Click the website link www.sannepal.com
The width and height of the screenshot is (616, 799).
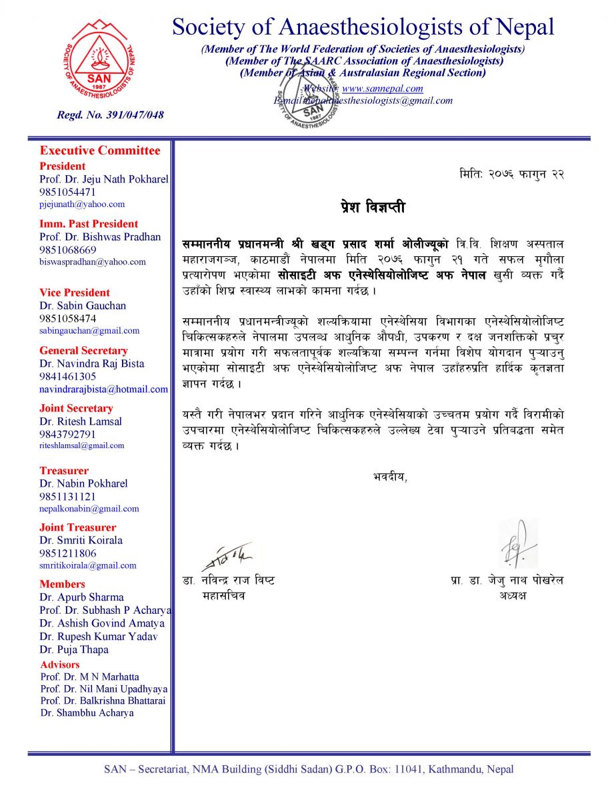point(382,89)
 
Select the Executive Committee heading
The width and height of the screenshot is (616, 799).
point(100,150)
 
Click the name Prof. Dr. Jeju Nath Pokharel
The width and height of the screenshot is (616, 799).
point(103,179)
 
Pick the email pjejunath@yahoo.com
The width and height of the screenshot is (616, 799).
point(82,204)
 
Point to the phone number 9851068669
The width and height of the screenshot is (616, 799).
point(68,250)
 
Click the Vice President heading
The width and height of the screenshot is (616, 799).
point(75,292)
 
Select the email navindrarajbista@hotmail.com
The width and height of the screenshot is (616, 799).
point(103,389)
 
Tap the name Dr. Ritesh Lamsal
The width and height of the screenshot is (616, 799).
point(80,421)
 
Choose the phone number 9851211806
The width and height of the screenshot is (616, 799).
point(68,553)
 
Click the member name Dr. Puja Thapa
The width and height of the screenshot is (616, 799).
point(74,649)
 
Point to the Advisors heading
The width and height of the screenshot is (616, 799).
point(60,665)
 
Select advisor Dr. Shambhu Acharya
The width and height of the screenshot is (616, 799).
point(87,712)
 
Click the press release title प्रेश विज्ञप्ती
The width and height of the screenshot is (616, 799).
point(372,208)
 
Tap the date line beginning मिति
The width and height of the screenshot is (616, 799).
point(512,174)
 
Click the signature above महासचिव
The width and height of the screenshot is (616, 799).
point(227,556)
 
